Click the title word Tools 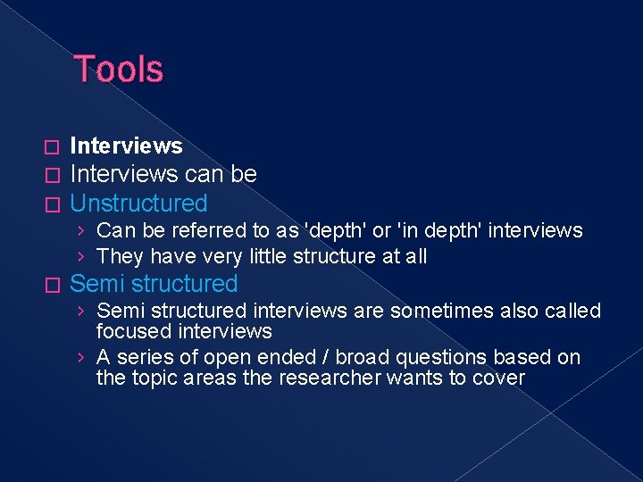point(119,70)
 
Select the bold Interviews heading point(126,146)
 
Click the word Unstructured point(138,204)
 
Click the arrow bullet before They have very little point(81,257)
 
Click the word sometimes point(422,312)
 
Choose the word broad point(360,358)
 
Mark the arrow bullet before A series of point(81,358)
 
